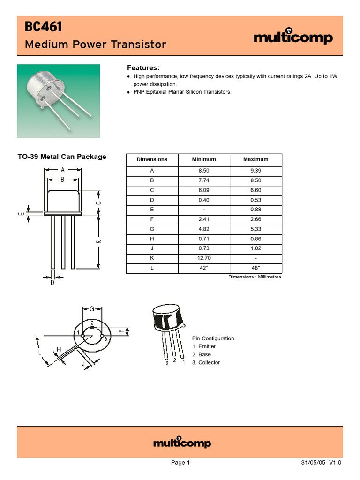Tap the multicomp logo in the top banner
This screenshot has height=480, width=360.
(x=293, y=37)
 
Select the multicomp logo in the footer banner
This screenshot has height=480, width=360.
(x=182, y=442)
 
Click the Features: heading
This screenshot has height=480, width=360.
(x=143, y=67)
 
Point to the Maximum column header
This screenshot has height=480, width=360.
(x=255, y=159)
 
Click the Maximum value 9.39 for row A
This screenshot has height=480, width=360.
(x=255, y=171)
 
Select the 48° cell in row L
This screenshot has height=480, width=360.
(x=255, y=268)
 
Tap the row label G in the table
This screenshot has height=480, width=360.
(x=152, y=229)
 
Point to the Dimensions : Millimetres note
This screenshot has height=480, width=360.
(x=255, y=277)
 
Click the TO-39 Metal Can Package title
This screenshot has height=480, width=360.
(x=61, y=157)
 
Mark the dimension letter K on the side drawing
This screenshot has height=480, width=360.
(x=98, y=241)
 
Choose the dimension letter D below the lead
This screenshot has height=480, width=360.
(x=52, y=282)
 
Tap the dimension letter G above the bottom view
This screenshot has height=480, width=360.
(x=92, y=308)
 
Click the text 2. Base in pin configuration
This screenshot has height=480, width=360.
(x=202, y=354)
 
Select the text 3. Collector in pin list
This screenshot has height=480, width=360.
(x=206, y=362)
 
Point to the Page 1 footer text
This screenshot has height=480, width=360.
(x=180, y=463)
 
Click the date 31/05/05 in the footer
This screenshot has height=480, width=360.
(x=313, y=463)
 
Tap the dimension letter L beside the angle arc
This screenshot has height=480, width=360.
(x=40, y=352)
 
